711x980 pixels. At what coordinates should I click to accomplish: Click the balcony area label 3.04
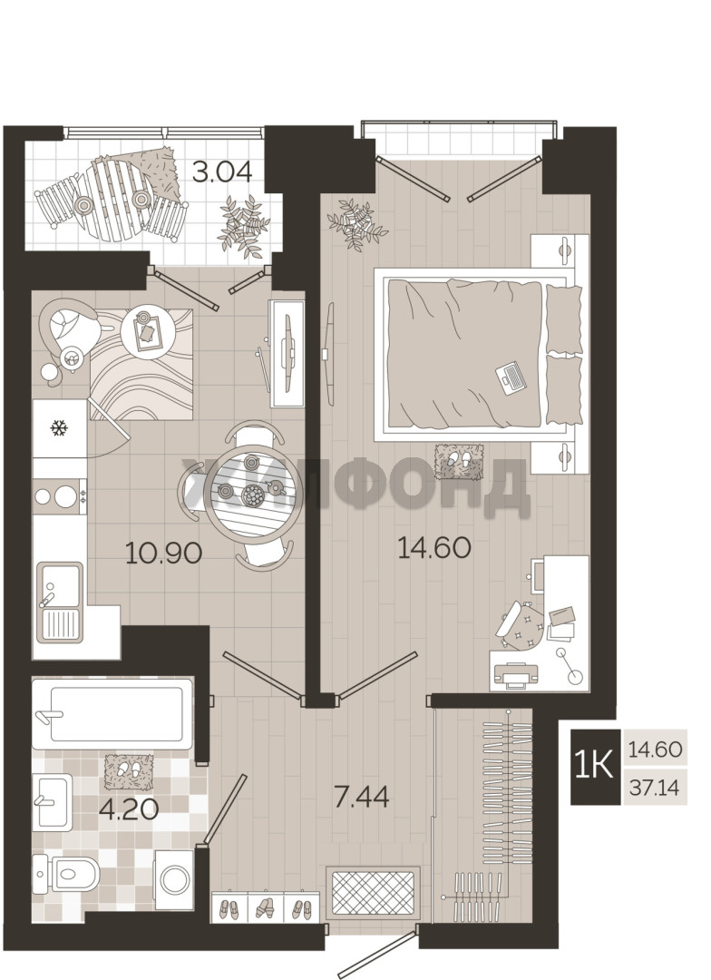[x=222, y=171]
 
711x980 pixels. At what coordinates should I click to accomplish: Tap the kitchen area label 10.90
[x=163, y=553]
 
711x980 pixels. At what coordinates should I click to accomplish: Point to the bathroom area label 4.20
[x=129, y=809]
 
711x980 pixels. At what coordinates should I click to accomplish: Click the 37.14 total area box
[x=654, y=789]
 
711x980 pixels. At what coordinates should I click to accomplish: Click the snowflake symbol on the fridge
[x=59, y=428]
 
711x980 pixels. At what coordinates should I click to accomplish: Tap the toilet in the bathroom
[x=65, y=873]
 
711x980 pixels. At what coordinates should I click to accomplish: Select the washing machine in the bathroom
[x=174, y=879]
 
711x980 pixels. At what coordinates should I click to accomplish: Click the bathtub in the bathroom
[x=112, y=713]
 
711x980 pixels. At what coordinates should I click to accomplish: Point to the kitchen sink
[x=59, y=602]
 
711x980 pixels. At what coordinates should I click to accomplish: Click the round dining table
[x=250, y=495]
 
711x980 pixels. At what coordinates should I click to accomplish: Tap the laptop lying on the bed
[x=511, y=377]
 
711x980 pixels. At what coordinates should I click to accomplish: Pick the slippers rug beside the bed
[x=460, y=462]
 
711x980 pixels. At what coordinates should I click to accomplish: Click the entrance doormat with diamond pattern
[x=373, y=892]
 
